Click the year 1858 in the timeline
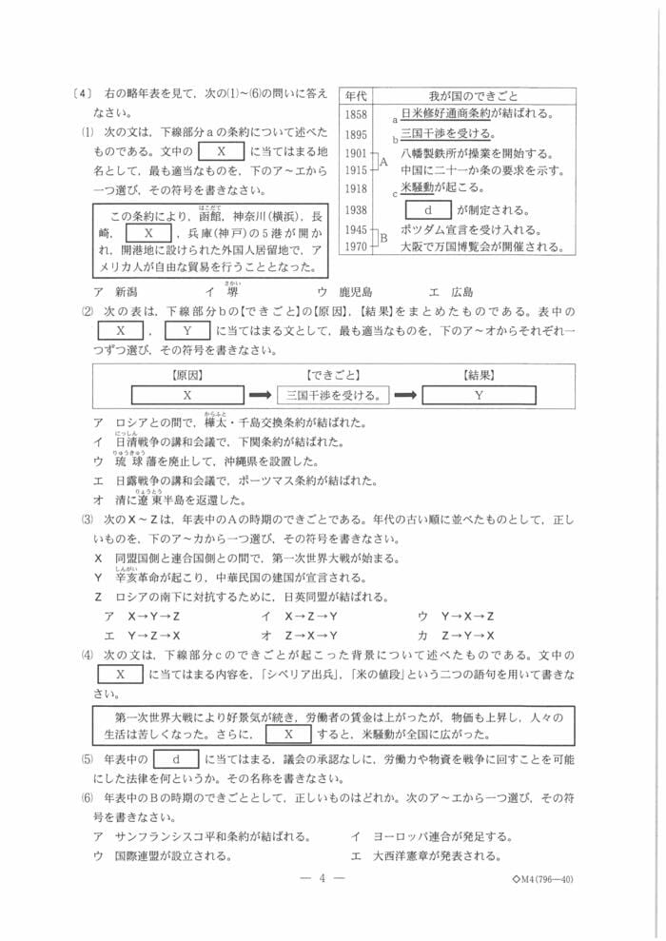pos(357,114)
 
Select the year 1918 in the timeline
pos(357,188)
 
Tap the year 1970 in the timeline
pos(357,247)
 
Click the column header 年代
pos(357,96)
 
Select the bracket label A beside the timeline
pos(384,162)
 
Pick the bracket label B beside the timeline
pos(384,239)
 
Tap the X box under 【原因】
pos(186,394)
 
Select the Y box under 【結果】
pos(479,394)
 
